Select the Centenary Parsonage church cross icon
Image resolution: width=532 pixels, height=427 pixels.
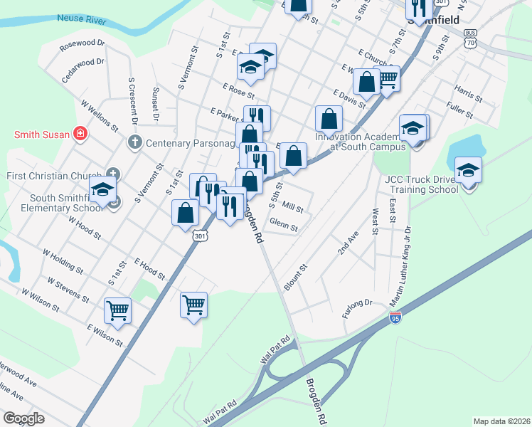point(134,142)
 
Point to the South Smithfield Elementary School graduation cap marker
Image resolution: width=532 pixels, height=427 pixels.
point(102,190)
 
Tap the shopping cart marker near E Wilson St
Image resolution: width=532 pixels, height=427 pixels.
point(117,310)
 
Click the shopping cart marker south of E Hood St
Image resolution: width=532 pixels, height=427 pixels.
point(193,305)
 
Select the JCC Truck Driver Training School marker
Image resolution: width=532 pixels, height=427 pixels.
point(468,172)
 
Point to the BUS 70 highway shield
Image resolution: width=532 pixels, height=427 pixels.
point(471,38)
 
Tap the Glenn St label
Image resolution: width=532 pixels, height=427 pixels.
point(283,228)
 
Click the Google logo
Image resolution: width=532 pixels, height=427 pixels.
point(23,418)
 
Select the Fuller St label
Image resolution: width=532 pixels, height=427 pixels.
point(461,108)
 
